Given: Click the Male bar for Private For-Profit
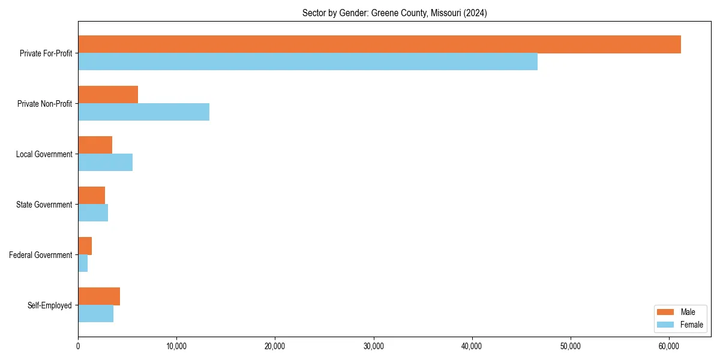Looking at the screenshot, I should [379, 44].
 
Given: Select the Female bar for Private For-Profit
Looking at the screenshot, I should [308, 62].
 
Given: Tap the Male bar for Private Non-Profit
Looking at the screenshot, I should [108, 95].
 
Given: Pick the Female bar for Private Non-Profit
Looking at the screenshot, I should [143, 112].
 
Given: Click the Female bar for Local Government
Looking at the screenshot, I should [105, 163].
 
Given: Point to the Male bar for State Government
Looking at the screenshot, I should [91, 196].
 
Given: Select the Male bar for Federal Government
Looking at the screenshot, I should [85, 246].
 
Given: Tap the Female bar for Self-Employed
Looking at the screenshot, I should [95, 314].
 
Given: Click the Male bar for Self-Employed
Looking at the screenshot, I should [99, 296].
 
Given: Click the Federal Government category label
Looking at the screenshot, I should [41, 255].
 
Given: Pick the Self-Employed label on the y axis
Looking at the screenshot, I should [50, 305].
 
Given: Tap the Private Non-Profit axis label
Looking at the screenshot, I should [44, 104].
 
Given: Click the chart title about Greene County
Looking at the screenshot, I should [394, 13].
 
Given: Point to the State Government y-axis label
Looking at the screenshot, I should [44, 205].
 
